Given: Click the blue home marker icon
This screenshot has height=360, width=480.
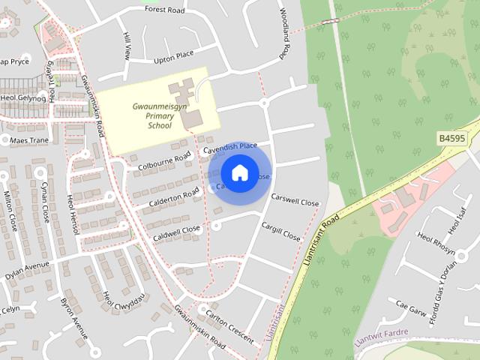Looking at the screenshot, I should coord(238,173).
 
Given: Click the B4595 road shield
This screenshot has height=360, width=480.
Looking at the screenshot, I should coord(453,138).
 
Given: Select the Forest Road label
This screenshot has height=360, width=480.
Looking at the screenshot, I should coord(165,10).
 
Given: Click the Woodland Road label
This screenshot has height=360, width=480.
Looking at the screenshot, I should coord(284,34).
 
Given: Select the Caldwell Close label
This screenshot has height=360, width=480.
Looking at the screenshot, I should coord(177,229).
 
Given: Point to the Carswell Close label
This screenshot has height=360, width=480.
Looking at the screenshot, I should coord(295,202).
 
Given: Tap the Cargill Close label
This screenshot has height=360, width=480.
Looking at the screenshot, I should coord(280,230).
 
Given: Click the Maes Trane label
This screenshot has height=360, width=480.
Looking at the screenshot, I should coord(28,140).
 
